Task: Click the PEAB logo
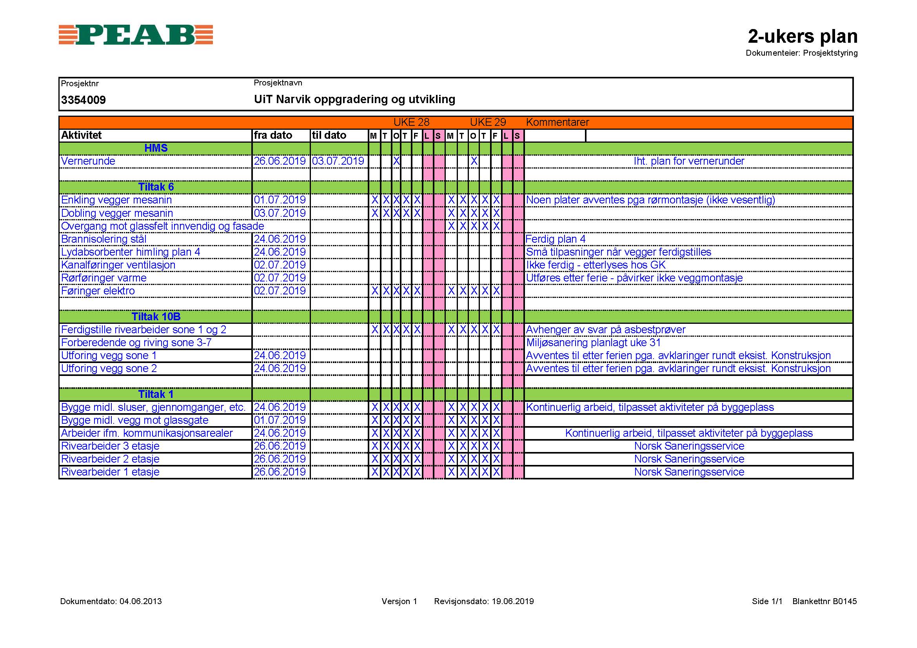136,35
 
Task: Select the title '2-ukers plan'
803,36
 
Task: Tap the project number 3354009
84,100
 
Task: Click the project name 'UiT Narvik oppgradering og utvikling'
354,99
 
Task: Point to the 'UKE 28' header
411,122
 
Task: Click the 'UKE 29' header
488,122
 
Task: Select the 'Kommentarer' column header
557,122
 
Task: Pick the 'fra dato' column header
273,135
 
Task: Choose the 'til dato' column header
329,135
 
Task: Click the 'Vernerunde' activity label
88,161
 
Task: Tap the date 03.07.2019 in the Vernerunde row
338,161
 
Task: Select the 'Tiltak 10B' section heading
156,317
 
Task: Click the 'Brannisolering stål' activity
104,239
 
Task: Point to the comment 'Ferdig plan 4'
556,239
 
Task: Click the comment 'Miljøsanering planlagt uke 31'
594,343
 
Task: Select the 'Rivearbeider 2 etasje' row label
110,459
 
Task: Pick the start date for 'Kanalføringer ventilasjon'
280,265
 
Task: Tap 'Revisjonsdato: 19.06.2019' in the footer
484,601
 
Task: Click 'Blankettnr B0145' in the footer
824,601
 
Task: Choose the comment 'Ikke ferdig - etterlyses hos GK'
596,265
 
